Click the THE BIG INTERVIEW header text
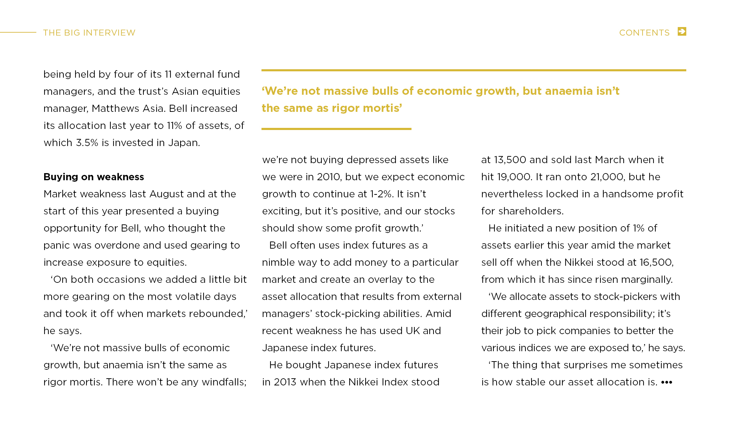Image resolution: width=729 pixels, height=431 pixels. click(89, 33)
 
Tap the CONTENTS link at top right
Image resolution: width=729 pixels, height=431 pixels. click(644, 33)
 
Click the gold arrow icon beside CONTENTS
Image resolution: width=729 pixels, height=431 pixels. click(682, 31)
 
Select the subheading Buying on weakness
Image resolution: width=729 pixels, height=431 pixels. click(94, 177)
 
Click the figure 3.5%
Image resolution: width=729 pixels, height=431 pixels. click(87, 142)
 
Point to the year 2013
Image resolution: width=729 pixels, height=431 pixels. click(285, 382)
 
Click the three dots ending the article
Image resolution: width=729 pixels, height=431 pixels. click(666, 382)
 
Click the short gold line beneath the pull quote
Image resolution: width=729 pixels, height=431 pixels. click(336, 129)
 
